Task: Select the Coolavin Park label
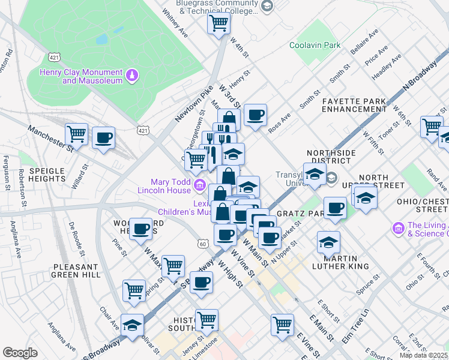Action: [x=315, y=45]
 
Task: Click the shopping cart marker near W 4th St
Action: [x=219, y=23]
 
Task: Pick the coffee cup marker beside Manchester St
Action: [x=103, y=139]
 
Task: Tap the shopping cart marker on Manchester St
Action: [x=76, y=134]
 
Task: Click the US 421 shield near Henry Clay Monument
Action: [x=54, y=57]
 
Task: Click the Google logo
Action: [x=20, y=353]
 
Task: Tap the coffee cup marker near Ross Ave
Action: [x=255, y=115]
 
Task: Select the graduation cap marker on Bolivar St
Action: [x=132, y=325]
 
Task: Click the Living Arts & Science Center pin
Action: [x=398, y=228]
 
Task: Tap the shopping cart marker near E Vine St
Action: [x=282, y=325]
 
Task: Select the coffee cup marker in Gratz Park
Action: [x=336, y=208]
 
